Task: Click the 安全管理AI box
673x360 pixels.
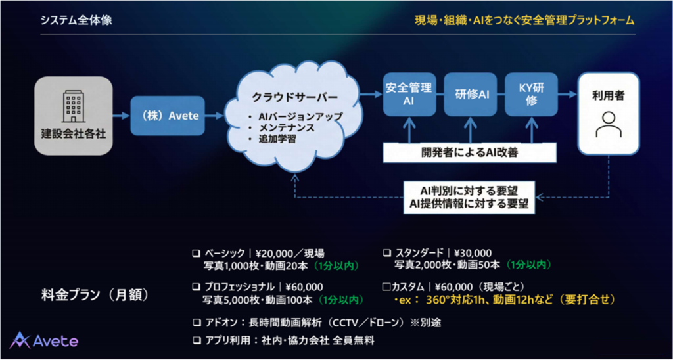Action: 408,94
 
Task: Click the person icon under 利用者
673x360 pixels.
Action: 608,124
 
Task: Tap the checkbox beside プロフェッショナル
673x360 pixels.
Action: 195,286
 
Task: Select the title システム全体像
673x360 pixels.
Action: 76,20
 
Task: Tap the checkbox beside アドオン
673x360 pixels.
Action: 195,323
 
